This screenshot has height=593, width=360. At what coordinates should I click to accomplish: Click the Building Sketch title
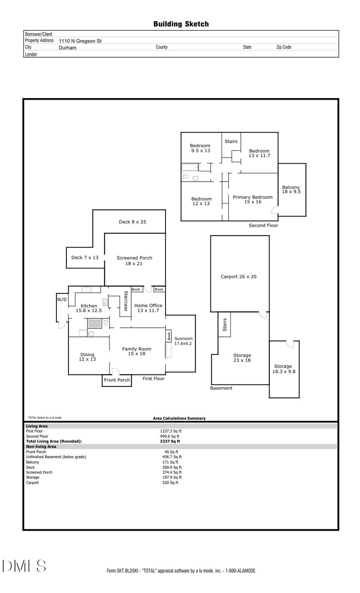pos(181,24)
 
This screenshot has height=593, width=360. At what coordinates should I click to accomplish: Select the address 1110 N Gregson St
pos(80,41)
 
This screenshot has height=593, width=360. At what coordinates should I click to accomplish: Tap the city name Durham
pos(67,48)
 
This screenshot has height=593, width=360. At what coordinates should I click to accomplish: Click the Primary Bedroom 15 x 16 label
pos(252,199)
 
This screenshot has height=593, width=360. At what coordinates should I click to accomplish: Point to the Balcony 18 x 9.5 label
pos(291,189)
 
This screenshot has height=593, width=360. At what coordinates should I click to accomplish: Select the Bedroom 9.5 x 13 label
pos(200,148)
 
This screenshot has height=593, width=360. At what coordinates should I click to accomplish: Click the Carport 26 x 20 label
pos(238,276)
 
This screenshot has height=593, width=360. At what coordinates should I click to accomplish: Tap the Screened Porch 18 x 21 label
pos(134,260)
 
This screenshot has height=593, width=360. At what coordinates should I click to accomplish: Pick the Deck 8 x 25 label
pos(132,222)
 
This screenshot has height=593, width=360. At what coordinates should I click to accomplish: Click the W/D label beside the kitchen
pos(62,299)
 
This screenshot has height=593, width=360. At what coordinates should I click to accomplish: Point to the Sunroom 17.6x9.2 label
pos(183,341)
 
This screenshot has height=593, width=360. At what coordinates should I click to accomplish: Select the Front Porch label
pos(117,380)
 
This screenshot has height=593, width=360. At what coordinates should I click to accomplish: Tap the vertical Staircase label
pos(126,301)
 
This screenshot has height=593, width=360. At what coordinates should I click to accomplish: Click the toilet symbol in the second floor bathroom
pos(186,176)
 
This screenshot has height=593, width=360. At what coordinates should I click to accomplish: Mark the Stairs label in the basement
pos(225,325)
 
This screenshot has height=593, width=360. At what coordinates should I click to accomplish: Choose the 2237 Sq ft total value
pos(170,441)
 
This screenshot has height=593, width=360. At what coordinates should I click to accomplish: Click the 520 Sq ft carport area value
pos(170,483)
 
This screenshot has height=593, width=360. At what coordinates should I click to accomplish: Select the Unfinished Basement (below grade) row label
pos(56,457)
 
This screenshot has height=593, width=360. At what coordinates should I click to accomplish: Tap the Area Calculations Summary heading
pos(179,418)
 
